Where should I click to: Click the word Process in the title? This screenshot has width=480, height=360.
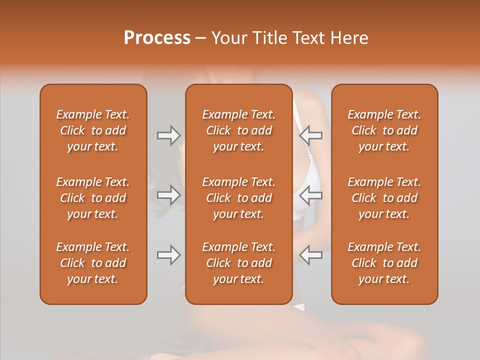157,38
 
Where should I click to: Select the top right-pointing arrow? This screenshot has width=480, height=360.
168,135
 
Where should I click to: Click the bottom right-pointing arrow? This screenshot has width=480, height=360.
168,255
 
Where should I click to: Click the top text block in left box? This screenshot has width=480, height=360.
93,130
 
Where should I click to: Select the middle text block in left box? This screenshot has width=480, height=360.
93,198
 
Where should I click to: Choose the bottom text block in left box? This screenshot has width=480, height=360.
93,263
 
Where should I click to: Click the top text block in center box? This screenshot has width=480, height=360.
238,130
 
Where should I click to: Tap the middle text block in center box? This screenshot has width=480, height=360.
238,198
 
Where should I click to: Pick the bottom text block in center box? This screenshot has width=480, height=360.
238,263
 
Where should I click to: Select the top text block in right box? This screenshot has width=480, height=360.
384,130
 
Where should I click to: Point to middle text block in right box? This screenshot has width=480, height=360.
384,198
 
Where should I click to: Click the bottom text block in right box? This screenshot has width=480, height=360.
384,263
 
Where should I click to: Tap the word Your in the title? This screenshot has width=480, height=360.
228,38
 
